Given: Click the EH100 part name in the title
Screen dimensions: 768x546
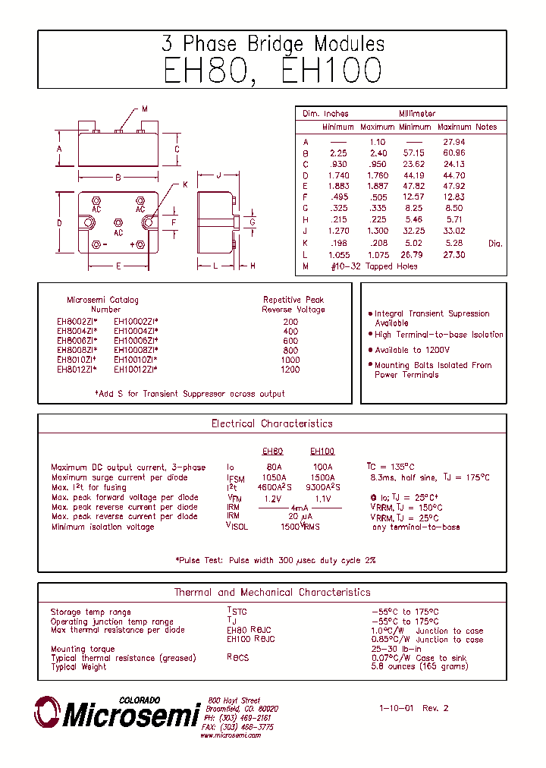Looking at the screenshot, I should pos(331,71).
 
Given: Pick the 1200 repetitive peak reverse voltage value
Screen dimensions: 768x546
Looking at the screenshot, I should pos(290,370).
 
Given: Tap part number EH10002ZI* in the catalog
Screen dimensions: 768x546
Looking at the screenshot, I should pos(136,321).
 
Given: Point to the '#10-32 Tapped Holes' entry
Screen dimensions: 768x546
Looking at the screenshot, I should pos(374,266).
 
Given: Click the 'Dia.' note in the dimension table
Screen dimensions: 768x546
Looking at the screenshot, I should pos(495,244).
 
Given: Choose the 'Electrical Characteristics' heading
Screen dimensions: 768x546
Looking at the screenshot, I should pos(271,423).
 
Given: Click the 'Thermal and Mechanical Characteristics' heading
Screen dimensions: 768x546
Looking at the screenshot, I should pos(272,592).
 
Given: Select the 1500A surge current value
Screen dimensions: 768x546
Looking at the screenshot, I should pos(322,477).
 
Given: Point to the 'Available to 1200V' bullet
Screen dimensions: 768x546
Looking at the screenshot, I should pos(412,350).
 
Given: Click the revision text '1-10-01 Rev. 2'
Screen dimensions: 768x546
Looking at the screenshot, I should pos(414,708).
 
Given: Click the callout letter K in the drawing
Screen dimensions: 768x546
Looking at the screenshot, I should pos(184,184).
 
